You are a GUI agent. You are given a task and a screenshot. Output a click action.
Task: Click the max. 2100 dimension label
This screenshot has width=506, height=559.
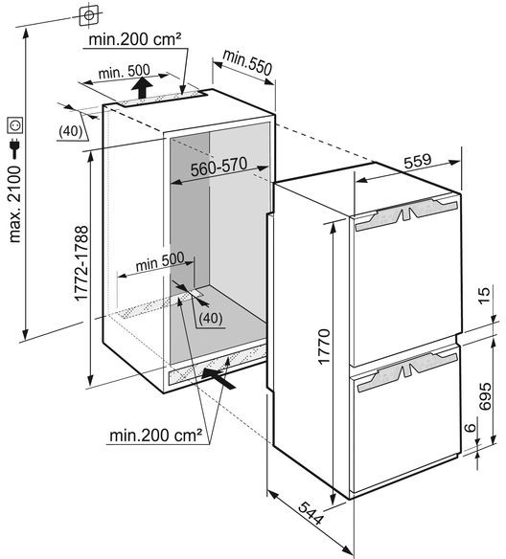pyautogui.click(x=15, y=204)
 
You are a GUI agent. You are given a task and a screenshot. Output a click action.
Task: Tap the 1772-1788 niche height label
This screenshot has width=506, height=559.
pyautogui.click(x=81, y=263)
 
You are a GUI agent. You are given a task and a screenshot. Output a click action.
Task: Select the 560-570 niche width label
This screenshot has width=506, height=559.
pyautogui.click(x=218, y=167)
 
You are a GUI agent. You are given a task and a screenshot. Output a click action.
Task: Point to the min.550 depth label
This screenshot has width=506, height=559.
pyautogui.click(x=247, y=63)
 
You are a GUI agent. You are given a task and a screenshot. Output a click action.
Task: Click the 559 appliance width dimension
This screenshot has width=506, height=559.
pyautogui.click(x=418, y=161)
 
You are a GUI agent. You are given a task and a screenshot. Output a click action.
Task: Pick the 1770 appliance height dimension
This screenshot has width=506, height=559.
pyautogui.click(x=324, y=347)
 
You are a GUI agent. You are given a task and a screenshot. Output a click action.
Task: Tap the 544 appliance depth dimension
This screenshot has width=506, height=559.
pyautogui.click(x=310, y=513)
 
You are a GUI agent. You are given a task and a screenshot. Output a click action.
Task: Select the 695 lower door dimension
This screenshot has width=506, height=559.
pyautogui.click(x=485, y=396)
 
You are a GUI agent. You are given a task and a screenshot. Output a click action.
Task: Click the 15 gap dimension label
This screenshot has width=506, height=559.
pyautogui.click(x=485, y=295)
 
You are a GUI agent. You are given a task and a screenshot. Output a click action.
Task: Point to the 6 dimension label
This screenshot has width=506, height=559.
pyautogui.click(x=471, y=427)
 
